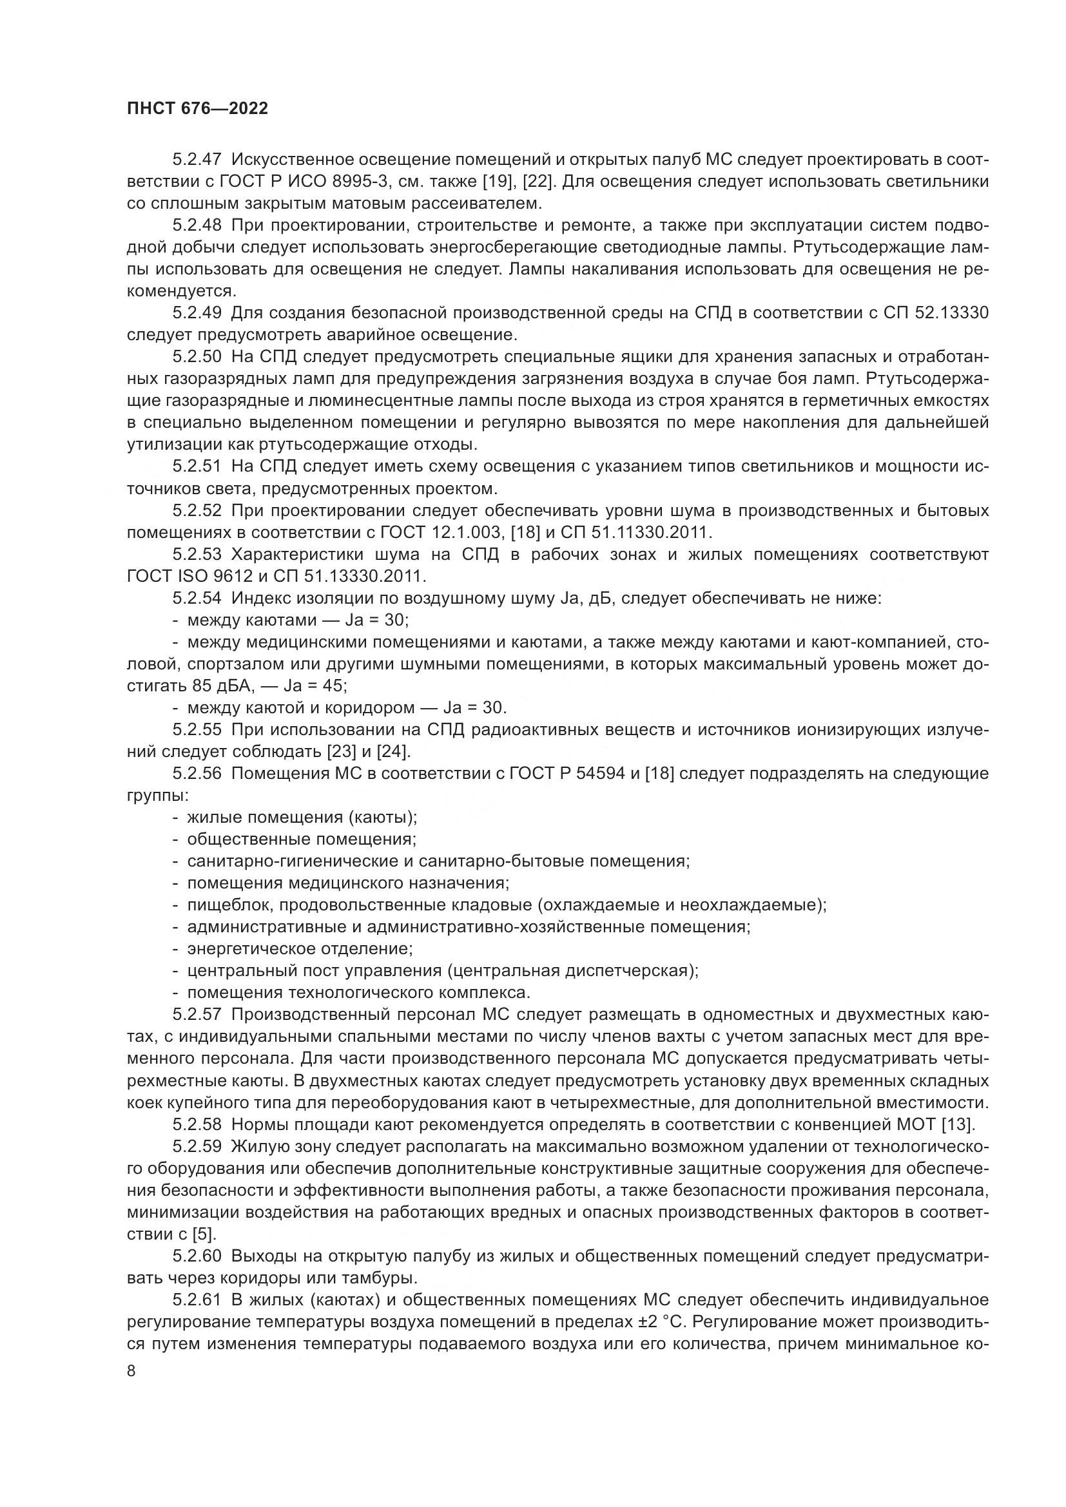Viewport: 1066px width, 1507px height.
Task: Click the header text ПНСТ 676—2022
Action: pos(198,109)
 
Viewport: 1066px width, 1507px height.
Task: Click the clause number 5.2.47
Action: pos(197,160)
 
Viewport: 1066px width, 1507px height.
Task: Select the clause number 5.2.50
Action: pos(197,357)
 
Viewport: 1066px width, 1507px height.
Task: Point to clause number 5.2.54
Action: pos(197,598)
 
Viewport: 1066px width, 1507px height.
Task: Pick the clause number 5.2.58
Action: pos(197,1124)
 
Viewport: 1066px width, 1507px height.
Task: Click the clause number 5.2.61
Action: pos(197,1300)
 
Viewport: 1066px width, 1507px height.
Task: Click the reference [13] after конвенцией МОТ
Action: pos(958,1124)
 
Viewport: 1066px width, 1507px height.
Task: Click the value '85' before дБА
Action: pos(203,686)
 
